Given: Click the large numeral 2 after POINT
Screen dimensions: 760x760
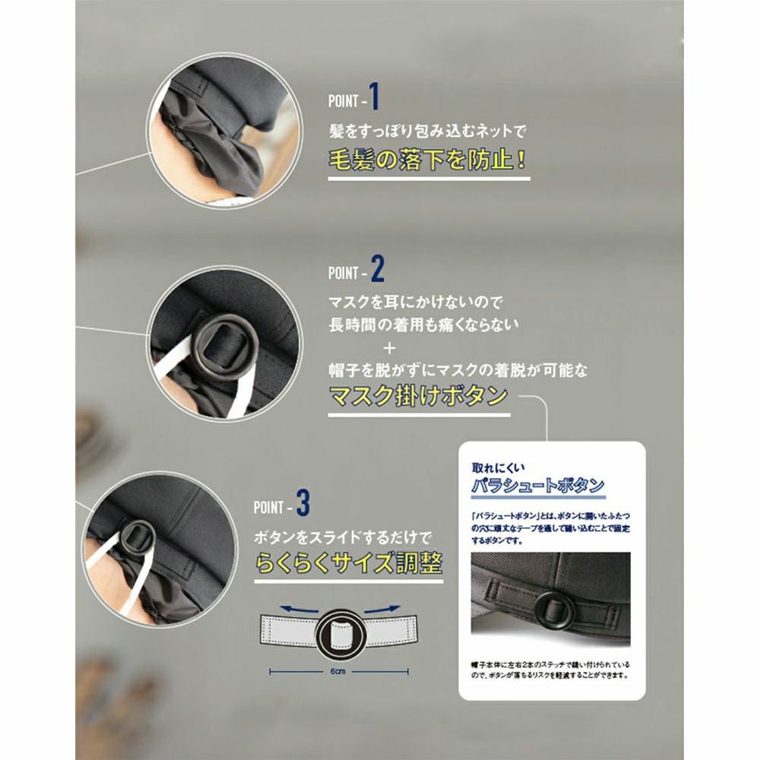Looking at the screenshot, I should (378, 269).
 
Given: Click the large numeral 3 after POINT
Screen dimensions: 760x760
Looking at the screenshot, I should (303, 503).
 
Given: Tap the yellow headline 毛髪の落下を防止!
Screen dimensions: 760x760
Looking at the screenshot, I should (428, 161).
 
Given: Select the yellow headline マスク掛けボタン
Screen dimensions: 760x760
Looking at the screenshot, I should (417, 397).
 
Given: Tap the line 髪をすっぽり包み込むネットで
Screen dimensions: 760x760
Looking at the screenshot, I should (427, 131).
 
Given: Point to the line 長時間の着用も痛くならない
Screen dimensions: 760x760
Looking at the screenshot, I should (424, 324).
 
